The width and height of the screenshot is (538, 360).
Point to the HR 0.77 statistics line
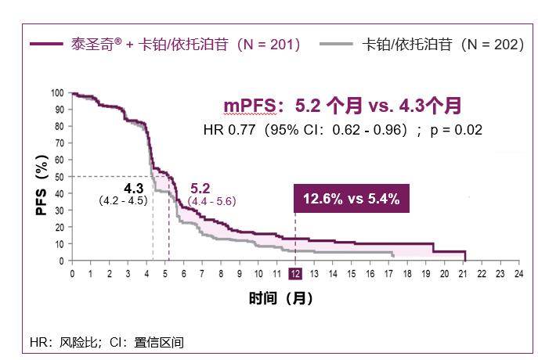click(341, 129)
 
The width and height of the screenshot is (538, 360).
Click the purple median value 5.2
click(200, 189)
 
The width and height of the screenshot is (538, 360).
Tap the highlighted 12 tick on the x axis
click(295, 274)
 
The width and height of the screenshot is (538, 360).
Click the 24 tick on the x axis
click(518, 274)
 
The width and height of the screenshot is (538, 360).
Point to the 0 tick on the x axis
click(72, 274)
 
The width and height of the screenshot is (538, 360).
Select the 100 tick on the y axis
click(56, 93)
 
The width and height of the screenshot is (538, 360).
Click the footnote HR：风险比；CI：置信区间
click(107, 342)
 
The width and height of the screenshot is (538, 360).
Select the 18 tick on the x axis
click(407, 274)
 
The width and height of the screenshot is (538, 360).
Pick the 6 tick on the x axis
click(184, 274)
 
